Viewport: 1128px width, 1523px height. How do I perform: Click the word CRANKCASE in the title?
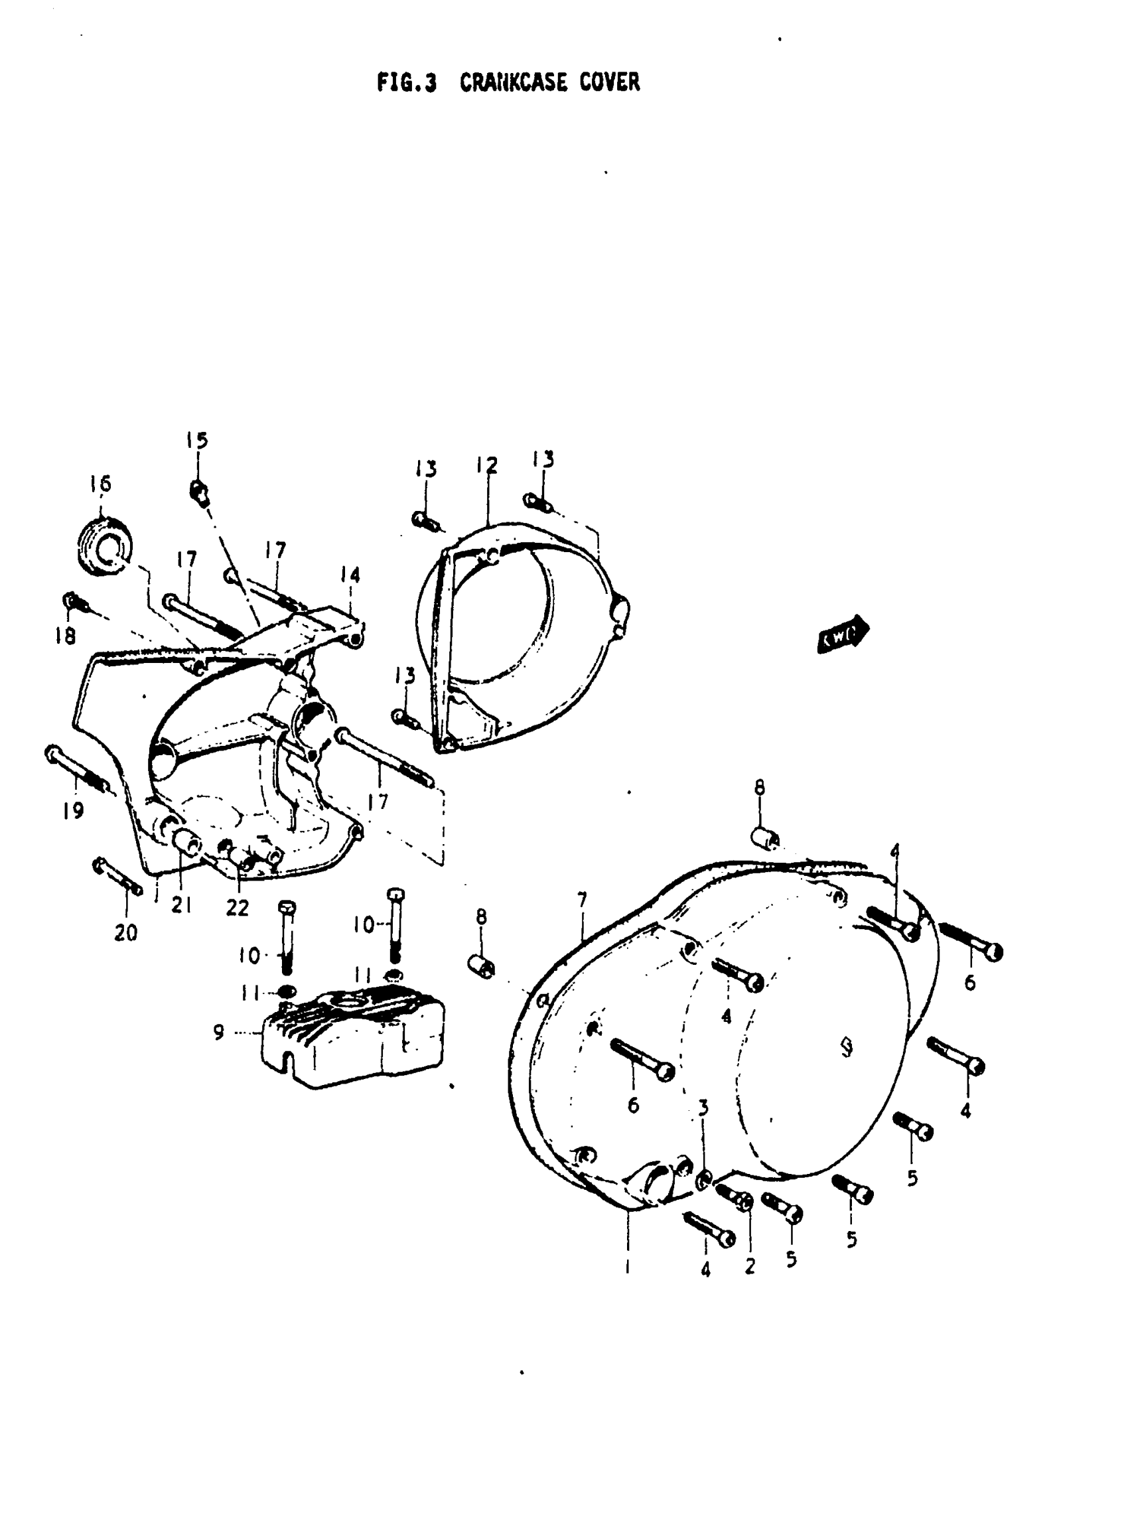[x=514, y=83]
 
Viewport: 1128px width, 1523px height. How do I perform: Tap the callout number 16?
[x=100, y=484]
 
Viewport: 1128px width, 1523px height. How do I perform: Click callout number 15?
[x=196, y=441]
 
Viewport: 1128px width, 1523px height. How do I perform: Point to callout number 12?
[x=487, y=466]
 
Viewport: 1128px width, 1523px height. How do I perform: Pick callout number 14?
[x=350, y=575]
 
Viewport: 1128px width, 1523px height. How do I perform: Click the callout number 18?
[x=66, y=636]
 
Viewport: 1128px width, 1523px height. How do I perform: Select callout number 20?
[x=126, y=933]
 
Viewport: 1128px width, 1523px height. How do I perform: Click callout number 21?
[x=181, y=906]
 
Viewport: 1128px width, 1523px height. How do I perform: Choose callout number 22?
[x=237, y=908]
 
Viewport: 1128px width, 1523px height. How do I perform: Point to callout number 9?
[x=218, y=1032]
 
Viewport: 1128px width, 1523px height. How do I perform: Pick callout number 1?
[x=628, y=1268]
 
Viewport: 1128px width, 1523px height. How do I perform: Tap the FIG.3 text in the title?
[x=406, y=83]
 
